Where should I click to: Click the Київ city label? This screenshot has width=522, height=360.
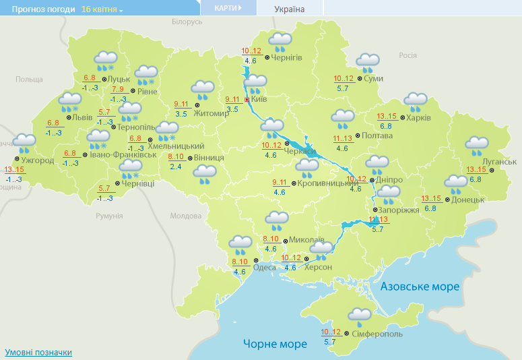(259, 99)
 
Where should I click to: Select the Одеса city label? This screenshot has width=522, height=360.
(264, 268)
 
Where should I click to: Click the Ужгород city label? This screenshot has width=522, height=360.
(38, 160)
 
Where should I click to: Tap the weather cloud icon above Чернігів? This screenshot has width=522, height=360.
(280, 42)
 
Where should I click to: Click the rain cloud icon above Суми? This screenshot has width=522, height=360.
(368, 63)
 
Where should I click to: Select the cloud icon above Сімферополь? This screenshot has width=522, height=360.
(359, 316)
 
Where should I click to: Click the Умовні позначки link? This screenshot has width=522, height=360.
(38, 353)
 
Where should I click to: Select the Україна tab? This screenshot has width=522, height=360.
(290, 9)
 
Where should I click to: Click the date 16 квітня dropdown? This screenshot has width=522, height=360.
(102, 9)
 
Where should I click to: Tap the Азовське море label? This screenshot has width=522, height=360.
(420, 287)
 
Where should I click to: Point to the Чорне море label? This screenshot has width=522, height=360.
(275, 344)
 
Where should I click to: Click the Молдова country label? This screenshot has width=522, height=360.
(185, 216)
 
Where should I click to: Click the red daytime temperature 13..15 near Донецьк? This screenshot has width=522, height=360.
(431, 198)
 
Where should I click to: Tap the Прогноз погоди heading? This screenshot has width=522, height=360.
(38, 9)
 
